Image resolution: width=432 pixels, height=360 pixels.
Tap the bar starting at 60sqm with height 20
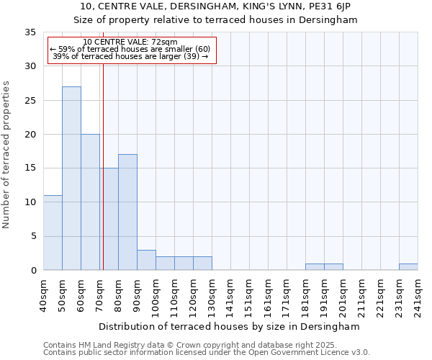pos(90,202)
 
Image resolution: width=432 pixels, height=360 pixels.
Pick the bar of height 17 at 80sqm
pos(127,212)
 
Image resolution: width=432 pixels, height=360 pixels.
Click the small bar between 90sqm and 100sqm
pos(146,260)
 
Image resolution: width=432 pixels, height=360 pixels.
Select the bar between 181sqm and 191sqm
pos(315,266)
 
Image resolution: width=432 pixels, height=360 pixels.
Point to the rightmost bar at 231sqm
pos(408,266)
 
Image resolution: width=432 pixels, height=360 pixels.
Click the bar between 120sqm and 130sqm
pos(202,263)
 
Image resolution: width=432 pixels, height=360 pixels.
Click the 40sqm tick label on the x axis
pos(43,294)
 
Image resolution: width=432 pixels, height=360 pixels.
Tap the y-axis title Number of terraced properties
pos(6,155)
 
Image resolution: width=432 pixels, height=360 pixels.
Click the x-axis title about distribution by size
pos(230,326)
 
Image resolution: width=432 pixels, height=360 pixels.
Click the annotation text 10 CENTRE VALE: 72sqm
pos(130,42)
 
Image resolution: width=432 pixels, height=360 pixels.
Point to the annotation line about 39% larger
pos(130,56)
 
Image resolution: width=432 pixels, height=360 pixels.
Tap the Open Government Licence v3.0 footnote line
pos(207,353)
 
